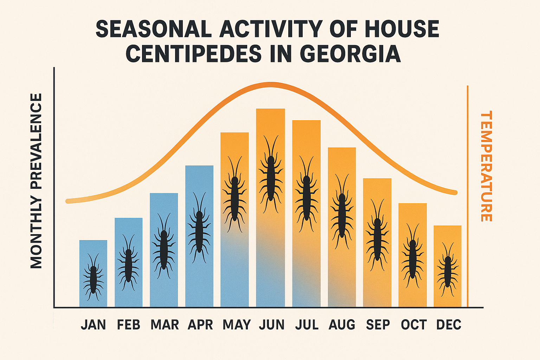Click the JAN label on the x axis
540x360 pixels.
tap(93, 324)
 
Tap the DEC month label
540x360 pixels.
tap(449, 324)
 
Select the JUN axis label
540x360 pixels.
tap(271, 324)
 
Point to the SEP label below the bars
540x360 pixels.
tap(378, 324)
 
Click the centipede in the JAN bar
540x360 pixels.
tap(93, 278)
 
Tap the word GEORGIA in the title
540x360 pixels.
tap(350, 54)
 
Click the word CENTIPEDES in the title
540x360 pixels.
tap(194, 54)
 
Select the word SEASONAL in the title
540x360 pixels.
tap(154, 29)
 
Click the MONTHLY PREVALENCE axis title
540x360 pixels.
tap(36, 181)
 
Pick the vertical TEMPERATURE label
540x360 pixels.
tap(486, 166)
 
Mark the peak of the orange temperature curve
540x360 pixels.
tap(270, 85)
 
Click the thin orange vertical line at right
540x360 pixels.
tap(468, 197)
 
